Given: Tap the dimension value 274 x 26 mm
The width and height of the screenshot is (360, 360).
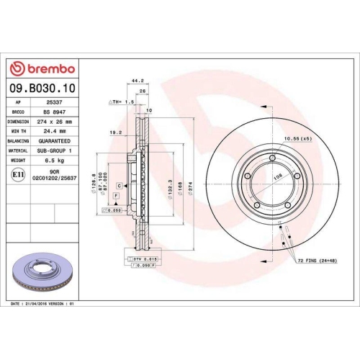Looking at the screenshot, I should [x=55, y=122].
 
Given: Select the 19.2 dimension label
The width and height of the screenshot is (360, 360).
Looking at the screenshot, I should [x=114, y=132].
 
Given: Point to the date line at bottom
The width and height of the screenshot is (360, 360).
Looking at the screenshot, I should [x=43, y=305].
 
